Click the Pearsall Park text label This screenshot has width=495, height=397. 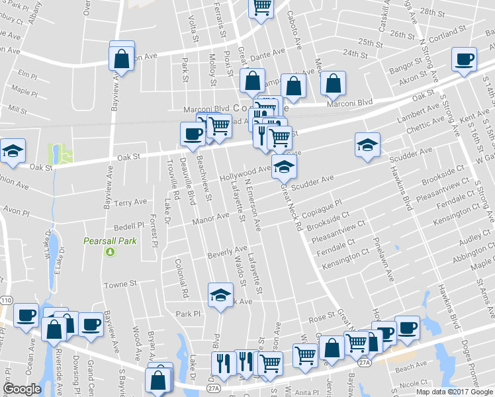[x=110, y=241]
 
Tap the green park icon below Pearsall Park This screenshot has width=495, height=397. [x=110, y=251]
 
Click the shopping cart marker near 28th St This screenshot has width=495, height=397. [x=261, y=7]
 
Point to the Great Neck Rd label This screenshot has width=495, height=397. [x=291, y=208]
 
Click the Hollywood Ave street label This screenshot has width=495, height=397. [x=246, y=173]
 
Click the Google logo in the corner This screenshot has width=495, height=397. [x=22, y=388]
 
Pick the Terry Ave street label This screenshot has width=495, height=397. [x=130, y=202]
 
